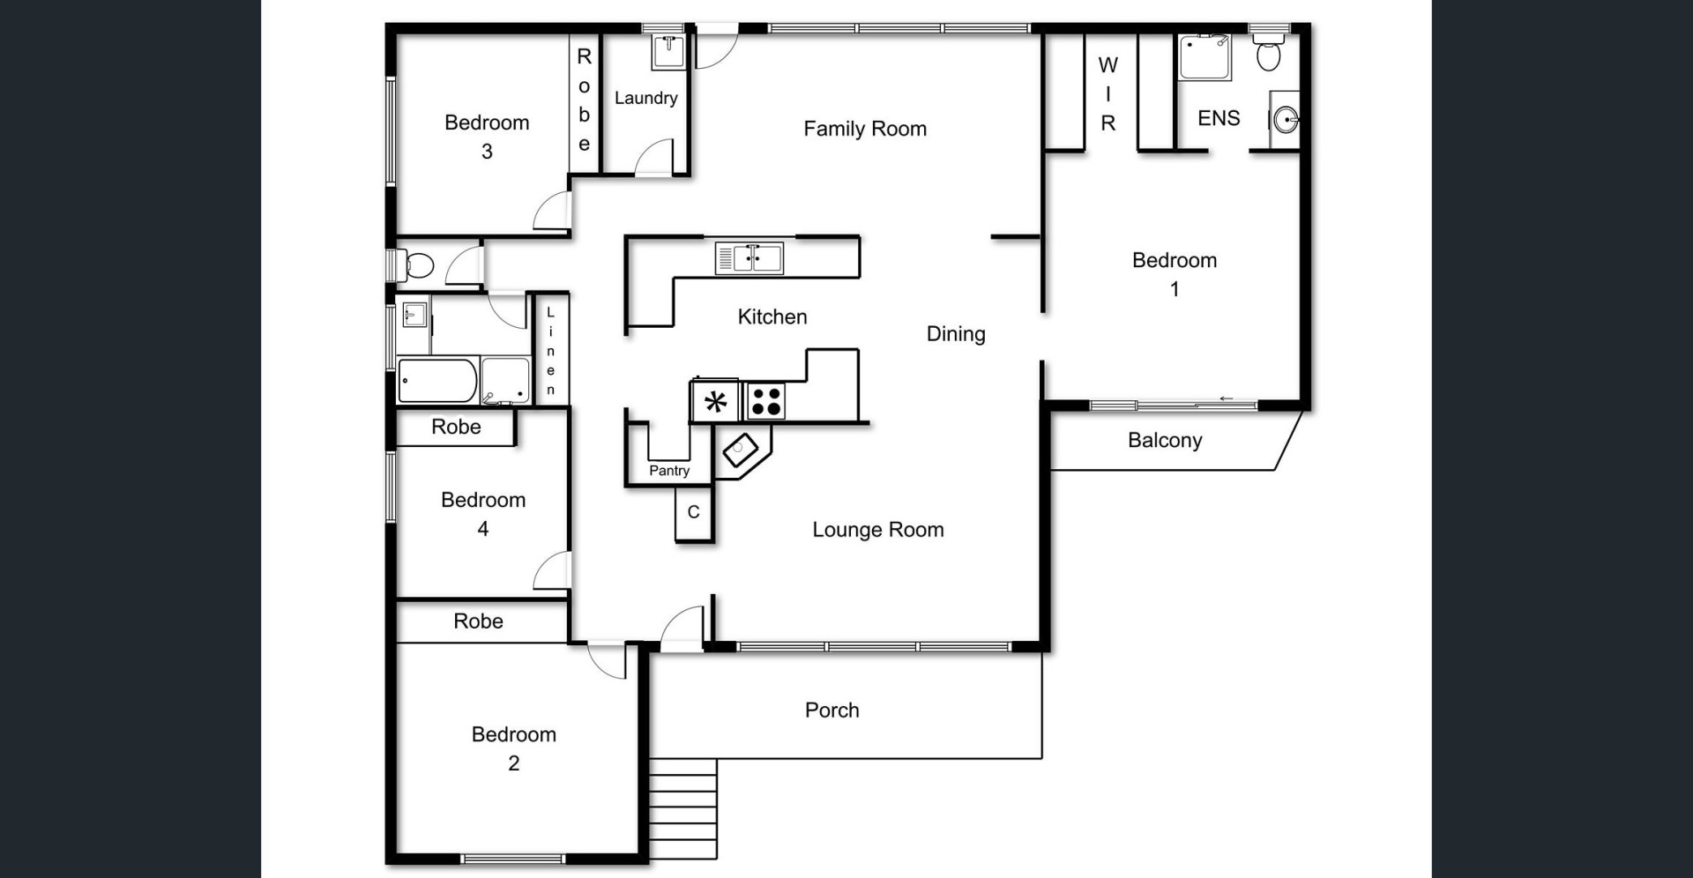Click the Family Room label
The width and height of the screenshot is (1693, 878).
865,129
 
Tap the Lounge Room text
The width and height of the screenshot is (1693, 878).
878,529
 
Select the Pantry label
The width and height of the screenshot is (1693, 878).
669,471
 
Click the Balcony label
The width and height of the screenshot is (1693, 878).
1165,440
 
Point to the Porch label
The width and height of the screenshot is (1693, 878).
832,710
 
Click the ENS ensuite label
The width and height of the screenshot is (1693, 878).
1219,118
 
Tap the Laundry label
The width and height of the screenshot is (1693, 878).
646,98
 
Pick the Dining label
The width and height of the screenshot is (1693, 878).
956,334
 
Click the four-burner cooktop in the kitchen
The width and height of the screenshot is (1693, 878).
765,401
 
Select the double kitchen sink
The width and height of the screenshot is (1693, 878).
749,258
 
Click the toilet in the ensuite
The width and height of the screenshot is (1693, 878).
1269,52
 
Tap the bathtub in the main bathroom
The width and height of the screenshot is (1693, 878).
438,381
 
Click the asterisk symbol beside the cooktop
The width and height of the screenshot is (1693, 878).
716,402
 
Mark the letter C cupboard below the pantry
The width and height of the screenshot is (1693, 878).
694,512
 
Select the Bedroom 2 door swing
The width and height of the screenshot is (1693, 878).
607,661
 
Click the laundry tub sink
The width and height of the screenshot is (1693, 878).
669,51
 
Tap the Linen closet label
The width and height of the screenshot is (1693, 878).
551,351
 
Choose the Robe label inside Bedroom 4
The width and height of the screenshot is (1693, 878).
456,427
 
